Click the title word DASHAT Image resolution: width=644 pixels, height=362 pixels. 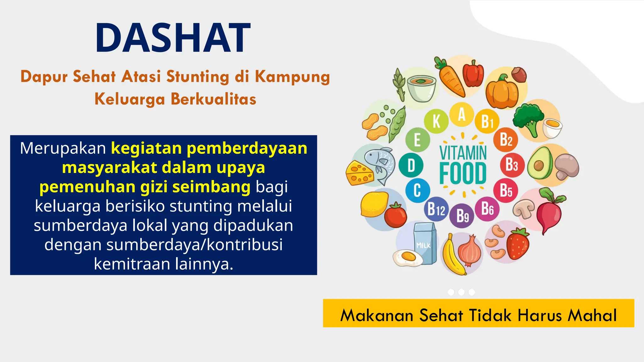tap(173, 38)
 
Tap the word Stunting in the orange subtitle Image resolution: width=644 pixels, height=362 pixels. tap(198, 77)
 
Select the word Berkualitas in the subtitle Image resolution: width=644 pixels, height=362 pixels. tap(214, 99)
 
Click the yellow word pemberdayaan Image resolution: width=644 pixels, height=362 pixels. tap(247, 148)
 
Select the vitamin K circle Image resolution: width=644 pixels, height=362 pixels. tap(436, 121)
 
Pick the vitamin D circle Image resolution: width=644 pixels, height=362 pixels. tap(411, 165)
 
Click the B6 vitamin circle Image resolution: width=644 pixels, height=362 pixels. tap(487, 209)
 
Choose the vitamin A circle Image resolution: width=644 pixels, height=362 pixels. tap(461, 114)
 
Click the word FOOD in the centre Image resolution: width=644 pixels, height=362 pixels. tap(463, 174)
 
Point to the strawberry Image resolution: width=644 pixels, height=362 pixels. tap(518, 244)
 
